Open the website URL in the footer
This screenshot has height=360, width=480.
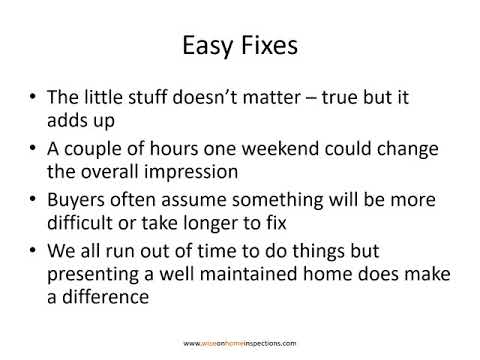(x=240, y=341)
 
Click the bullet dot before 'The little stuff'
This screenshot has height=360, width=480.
(x=36, y=100)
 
